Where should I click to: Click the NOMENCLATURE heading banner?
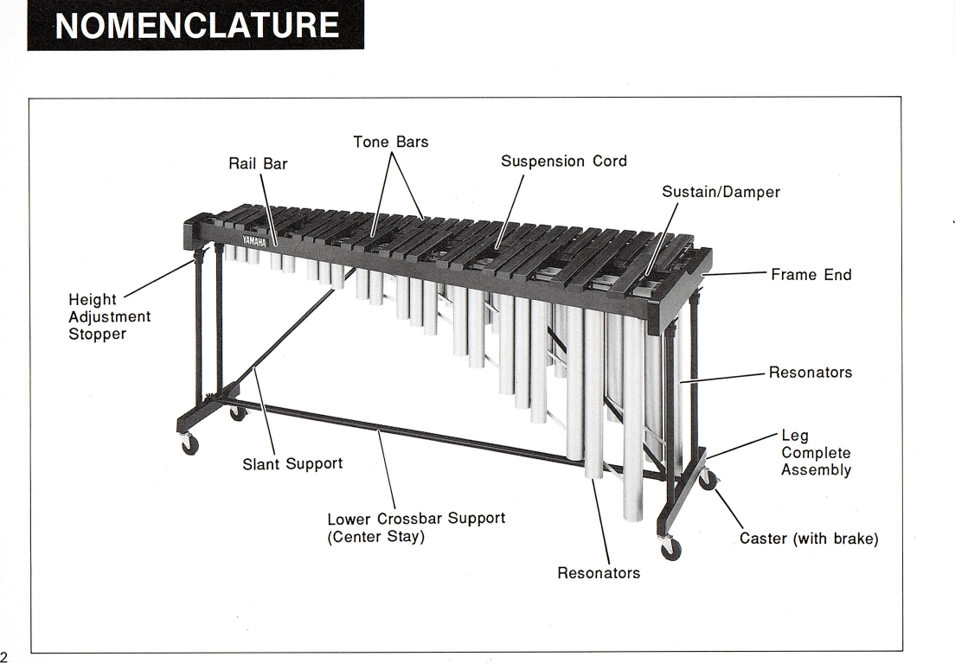point(195,25)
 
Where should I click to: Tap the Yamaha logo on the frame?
point(254,239)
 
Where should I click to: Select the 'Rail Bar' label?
point(258,163)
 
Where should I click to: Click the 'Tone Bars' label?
point(390,142)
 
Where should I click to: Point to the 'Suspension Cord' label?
point(563,162)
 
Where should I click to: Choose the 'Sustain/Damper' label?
point(721,192)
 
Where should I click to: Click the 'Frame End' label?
point(811,275)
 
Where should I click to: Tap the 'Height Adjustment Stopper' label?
point(109,316)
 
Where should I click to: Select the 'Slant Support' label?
point(292,464)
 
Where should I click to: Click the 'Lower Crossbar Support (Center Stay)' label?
point(415,527)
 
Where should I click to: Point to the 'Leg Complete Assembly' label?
point(816,453)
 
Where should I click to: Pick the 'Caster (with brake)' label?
point(809,539)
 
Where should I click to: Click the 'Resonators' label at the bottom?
point(599,573)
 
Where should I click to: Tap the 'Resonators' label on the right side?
point(811,373)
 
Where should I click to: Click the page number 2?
point(4,654)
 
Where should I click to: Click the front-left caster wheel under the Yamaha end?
point(189,444)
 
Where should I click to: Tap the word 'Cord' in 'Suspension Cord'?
point(609,162)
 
